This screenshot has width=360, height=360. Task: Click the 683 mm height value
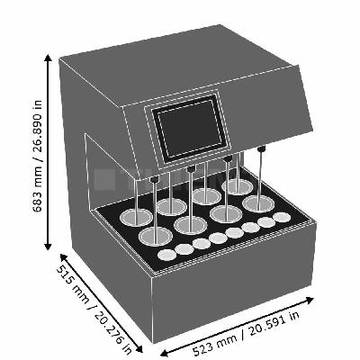pos(38,189)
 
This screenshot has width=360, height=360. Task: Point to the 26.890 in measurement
pos(38,128)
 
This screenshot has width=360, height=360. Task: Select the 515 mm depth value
pos(72,283)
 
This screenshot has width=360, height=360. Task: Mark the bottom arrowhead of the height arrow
pos(48,247)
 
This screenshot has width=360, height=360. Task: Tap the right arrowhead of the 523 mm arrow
pos(310,300)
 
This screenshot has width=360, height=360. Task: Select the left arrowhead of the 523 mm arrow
pos(165,353)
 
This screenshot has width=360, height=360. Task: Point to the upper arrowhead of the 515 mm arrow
pos(63,256)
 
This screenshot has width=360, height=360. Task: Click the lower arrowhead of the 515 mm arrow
pos(139,349)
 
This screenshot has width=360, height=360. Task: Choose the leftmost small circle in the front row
pos(167,255)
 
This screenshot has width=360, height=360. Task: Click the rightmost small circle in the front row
pos(282,217)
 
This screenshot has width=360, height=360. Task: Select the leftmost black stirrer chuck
pos(154,179)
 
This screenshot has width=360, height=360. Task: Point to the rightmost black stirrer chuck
pos(262,148)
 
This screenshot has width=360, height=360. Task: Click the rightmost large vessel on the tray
pos(258,203)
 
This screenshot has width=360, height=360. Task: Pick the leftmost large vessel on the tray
pos(136,217)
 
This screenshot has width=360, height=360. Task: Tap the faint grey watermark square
pos(104,179)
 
